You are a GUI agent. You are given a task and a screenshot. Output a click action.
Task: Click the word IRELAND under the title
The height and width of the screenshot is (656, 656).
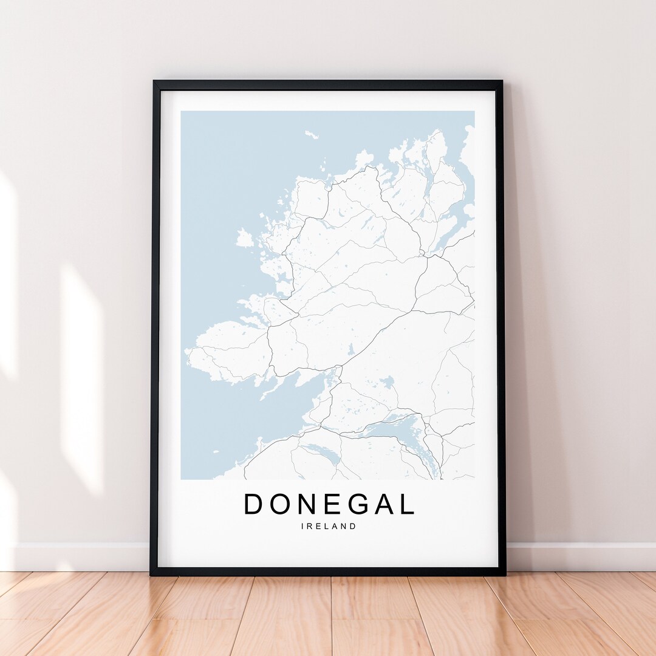pyautogui.click(x=329, y=527)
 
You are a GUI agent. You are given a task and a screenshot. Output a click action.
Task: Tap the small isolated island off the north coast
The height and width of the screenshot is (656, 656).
pyautogui.click(x=312, y=134)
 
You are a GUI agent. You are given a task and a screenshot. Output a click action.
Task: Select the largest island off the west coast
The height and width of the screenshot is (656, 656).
pyautogui.click(x=244, y=238)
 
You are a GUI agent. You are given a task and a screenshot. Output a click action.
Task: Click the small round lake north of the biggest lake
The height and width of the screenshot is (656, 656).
pyautogui.click(x=387, y=382)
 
